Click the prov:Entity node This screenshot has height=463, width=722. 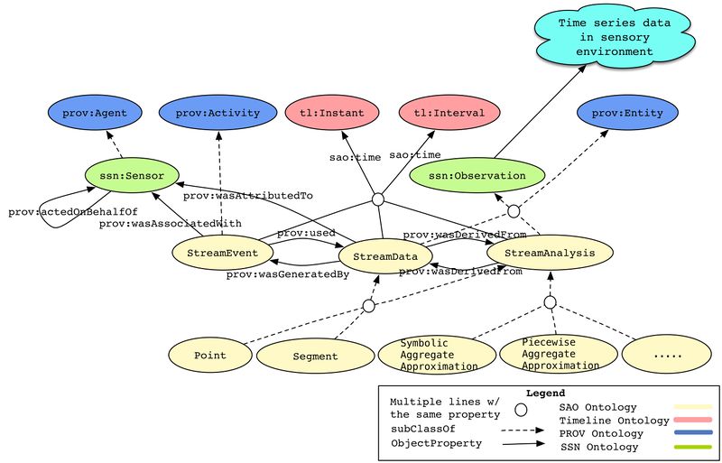tap(630, 114)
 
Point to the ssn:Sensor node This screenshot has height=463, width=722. tap(131, 174)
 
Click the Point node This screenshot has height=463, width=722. tap(209, 356)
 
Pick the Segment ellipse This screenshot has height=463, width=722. tap(315, 357)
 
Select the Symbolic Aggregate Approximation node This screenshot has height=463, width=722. tap(434, 355)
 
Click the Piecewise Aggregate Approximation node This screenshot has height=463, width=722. tap(548, 354)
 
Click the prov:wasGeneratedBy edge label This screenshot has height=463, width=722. tap(287, 274)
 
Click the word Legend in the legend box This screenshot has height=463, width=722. tap(546, 394)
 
